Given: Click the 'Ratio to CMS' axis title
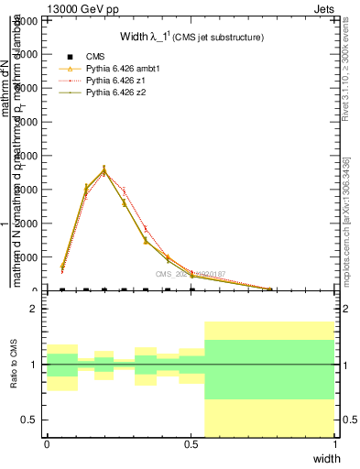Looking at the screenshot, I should point(15,365).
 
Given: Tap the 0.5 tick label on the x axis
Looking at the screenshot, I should point(191,444).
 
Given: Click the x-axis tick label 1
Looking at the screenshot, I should point(335,444).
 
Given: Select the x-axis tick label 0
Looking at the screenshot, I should point(47,444).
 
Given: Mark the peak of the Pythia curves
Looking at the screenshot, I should point(104,169).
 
